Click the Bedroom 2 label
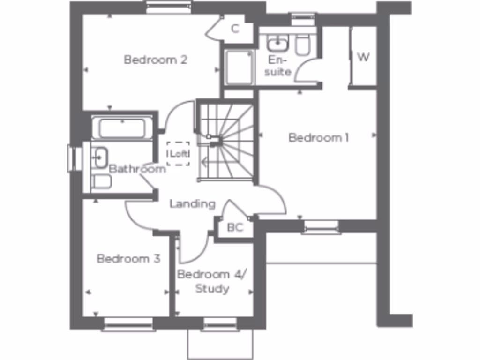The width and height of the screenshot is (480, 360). pos(156,60)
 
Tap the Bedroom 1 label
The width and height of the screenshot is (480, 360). pos(319,138)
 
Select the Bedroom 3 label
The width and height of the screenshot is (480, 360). pos(128,259)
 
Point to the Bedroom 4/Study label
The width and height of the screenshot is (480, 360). pos(210,281)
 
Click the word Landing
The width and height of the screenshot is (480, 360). pos(192,204)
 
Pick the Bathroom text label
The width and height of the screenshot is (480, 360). pos(137,169)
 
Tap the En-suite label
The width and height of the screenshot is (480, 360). pos(280,66)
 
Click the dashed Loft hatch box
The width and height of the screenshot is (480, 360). pos(178,154)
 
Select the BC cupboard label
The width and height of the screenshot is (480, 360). pos(235,228)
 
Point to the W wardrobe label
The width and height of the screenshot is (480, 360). pos(363,57)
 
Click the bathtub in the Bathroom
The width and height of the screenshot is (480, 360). pos(122,128)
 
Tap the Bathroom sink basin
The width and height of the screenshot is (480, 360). pos(100,157)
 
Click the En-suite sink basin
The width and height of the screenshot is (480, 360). pos(277,44)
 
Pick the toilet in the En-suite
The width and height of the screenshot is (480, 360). pos(302,45)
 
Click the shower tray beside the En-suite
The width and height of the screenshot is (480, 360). pos(239,68)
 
